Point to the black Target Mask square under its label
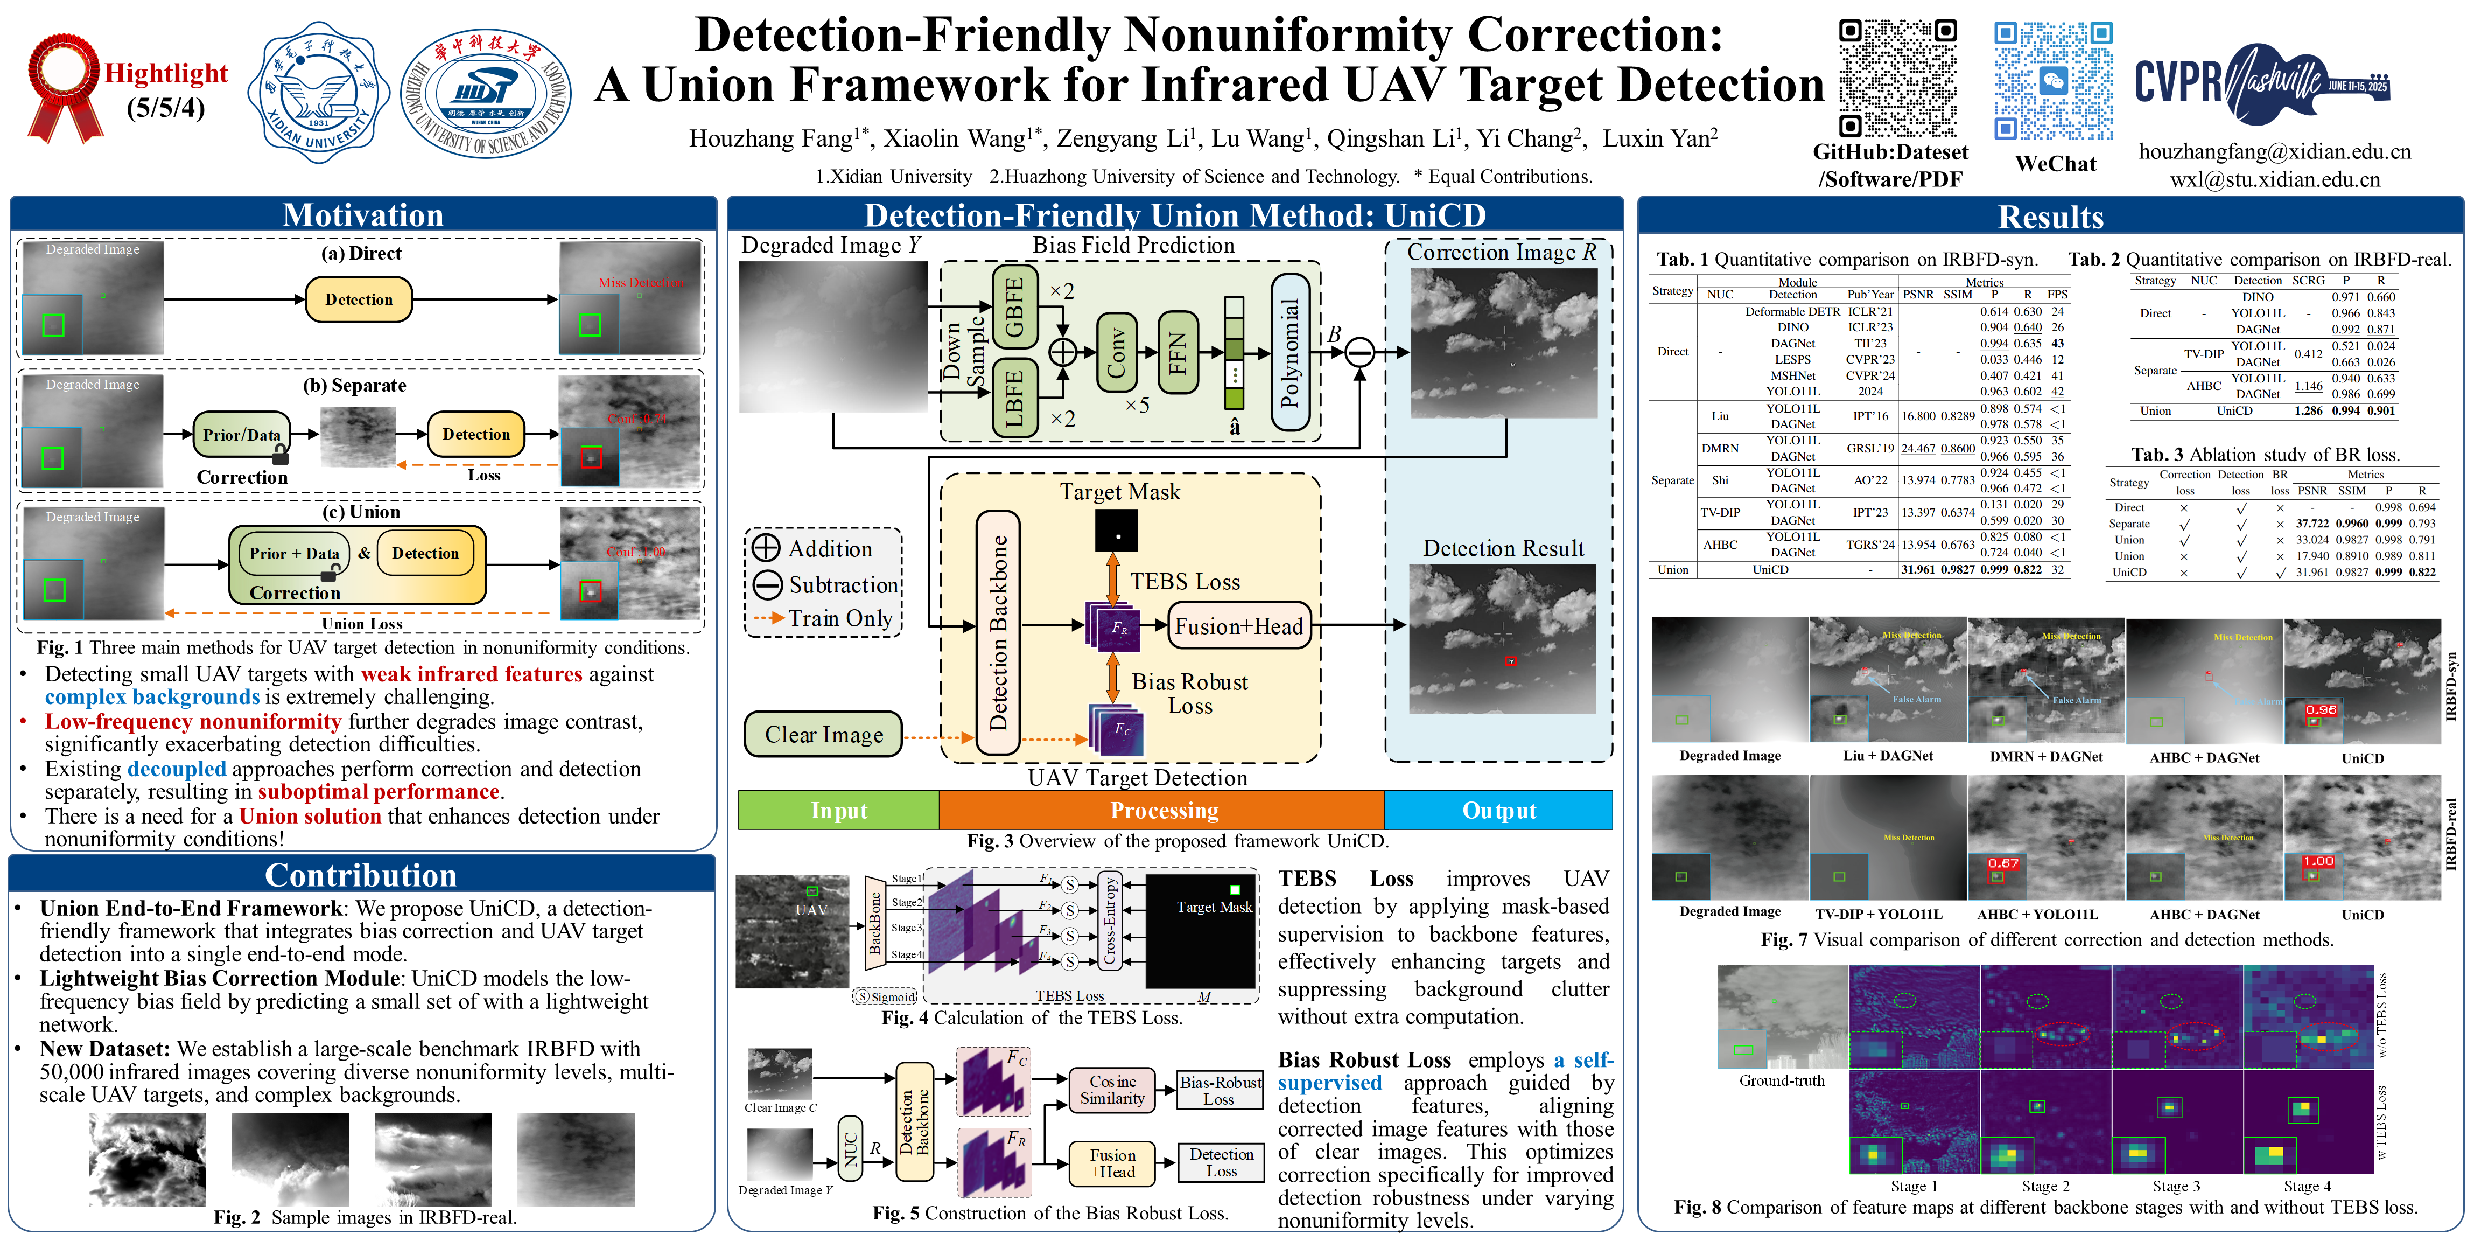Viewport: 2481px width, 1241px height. [1116, 531]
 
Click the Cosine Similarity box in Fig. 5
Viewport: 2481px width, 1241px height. [1112, 1090]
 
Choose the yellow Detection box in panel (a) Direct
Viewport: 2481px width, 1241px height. [358, 299]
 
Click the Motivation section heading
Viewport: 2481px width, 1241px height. [362, 215]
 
